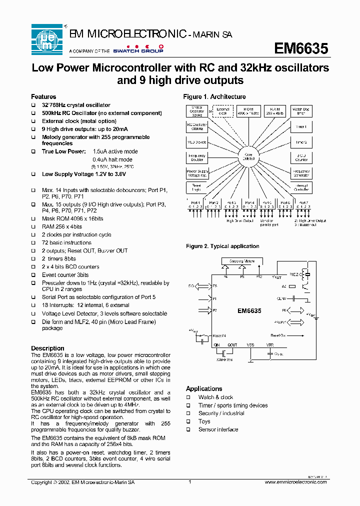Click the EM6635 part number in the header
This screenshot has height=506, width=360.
(301, 48)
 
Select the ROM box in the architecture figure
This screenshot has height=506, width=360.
(248, 111)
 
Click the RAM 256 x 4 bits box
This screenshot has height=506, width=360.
(274, 111)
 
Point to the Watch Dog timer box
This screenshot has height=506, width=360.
(301, 111)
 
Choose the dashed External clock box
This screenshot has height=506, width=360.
(222, 111)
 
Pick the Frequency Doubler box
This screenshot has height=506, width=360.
(196, 157)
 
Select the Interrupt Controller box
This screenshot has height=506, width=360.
(301, 187)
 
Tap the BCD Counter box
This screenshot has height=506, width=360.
(301, 157)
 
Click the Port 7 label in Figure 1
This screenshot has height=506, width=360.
(303, 202)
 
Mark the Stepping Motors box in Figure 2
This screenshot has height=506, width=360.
(242, 261)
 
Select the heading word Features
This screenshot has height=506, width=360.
(43, 96)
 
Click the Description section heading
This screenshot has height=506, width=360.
(47, 348)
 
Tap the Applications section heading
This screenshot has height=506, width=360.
(204, 388)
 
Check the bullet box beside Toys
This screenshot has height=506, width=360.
(188, 421)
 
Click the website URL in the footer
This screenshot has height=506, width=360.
(296, 482)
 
